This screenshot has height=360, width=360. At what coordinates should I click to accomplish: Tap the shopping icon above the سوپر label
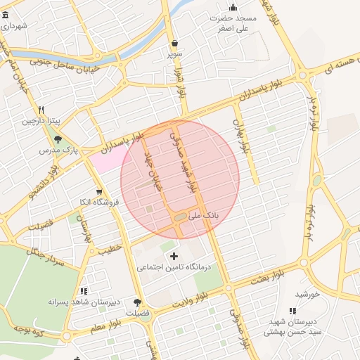pos(174,42)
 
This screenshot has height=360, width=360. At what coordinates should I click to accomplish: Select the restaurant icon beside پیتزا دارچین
pos(41,110)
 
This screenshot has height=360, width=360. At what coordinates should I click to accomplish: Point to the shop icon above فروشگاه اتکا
pos(99,191)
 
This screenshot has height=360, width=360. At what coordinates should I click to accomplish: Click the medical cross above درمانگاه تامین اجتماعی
pos(174,256)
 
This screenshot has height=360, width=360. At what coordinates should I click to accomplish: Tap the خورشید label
pos(307,294)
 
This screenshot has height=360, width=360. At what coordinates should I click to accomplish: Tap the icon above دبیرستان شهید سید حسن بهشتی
pos(292,310)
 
